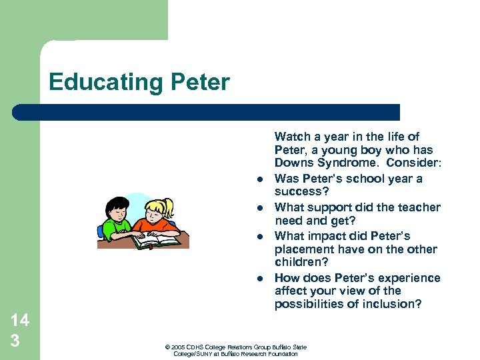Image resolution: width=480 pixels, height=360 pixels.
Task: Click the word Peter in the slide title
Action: click(201, 83)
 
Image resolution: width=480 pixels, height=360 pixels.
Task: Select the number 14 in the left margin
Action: click(19, 320)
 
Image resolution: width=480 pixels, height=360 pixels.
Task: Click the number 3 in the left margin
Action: click(15, 341)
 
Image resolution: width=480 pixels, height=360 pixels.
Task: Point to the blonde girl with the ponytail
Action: click(161, 216)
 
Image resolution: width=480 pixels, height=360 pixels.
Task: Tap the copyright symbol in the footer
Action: click(167, 347)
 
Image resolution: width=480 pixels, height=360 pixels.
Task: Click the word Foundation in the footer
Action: click(283, 354)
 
